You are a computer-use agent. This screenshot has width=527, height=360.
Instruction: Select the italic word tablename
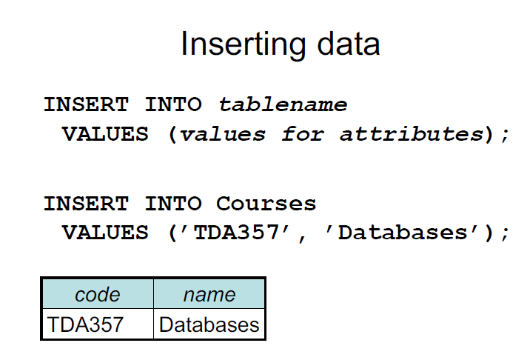pyautogui.click(x=282, y=104)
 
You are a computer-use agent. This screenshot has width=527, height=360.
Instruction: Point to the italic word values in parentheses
pyautogui.click(x=223, y=135)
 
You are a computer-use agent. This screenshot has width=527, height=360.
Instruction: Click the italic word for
pyautogui.click(x=303, y=135)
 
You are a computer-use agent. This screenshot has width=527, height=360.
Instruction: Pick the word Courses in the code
pyautogui.click(x=266, y=203)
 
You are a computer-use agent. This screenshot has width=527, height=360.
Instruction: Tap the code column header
pyautogui.click(x=97, y=294)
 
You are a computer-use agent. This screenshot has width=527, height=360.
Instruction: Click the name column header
pyautogui.click(x=209, y=294)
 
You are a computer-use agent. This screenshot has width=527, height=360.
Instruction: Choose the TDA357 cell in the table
pyautogui.click(x=86, y=324)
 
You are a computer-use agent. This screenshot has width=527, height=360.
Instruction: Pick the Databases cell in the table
pyautogui.click(x=209, y=324)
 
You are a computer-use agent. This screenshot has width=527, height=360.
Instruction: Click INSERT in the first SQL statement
pyautogui.click(x=86, y=104)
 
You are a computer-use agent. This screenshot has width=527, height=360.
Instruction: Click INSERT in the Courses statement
pyautogui.click(x=86, y=203)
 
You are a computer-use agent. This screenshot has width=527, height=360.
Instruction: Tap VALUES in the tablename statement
pyautogui.click(x=105, y=135)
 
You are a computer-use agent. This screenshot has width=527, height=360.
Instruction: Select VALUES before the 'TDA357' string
pyautogui.click(x=105, y=233)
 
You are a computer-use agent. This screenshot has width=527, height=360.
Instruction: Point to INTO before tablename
pyautogui.click(x=173, y=104)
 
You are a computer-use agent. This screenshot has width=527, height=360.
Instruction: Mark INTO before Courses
pyautogui.click(x=173, y=203)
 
